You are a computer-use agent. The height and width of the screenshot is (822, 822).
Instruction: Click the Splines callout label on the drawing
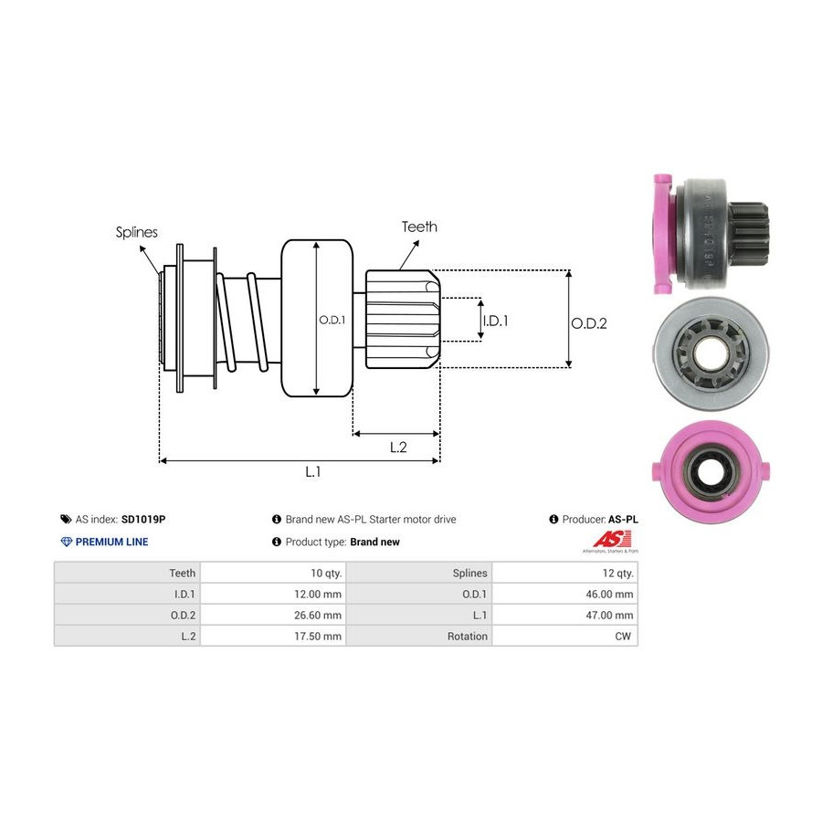point(136,232)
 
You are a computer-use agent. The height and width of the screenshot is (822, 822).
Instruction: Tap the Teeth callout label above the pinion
point(419,227)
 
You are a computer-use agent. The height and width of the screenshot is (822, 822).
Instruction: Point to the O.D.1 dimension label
point(332,320)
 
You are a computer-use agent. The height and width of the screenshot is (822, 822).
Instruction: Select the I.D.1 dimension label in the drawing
point(494,321)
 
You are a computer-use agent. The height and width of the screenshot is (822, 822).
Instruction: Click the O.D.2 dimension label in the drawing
point(589,322)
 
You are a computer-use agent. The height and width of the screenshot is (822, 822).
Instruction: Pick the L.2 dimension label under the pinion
point(398,447)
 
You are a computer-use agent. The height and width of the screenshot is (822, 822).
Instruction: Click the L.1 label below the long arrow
point(313,472)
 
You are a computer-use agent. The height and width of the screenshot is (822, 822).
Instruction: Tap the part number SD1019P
point(143,519)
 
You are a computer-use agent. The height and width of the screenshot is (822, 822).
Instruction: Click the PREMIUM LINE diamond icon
point(66,542)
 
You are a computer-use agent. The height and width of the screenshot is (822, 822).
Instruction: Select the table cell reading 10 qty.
point(326,573)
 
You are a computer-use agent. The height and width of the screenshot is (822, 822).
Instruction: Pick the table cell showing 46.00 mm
point(612,594)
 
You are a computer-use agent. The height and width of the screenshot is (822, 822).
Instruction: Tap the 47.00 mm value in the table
point(612,615)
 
